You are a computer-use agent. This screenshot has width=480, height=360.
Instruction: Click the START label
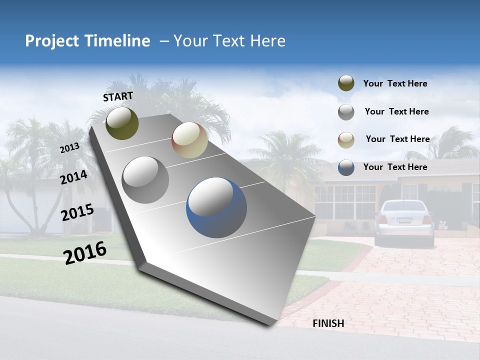point(118,96)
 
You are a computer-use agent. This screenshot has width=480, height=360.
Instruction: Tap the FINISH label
point(328,323)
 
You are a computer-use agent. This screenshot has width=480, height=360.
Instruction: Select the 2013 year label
point(69,148)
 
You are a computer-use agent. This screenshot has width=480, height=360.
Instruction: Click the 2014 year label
point(73,177)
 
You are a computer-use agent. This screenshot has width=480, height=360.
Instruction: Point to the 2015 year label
point(77,212)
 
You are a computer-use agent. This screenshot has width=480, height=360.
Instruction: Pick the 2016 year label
point(85,253)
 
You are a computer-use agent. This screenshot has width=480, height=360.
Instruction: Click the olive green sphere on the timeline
point(122,123)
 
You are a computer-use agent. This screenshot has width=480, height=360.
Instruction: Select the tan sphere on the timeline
point(189,140)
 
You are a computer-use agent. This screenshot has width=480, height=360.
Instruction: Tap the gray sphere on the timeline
point(145,179)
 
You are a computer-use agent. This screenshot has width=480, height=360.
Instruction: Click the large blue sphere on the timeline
point(216,207)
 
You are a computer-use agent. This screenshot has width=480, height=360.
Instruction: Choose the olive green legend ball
point(346,83)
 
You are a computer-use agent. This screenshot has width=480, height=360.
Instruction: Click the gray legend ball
point(346,112)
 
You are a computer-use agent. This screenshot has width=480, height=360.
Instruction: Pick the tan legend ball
point(346,140)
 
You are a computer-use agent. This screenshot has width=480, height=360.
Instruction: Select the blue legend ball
point(346,167)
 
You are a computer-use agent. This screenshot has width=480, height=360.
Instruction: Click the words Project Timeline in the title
point(87,41)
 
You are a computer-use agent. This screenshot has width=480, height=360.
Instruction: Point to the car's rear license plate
point(404,220)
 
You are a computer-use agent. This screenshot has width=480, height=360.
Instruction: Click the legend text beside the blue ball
point(395,167)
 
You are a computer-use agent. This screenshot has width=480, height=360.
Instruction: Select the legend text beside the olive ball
point(395,83)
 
